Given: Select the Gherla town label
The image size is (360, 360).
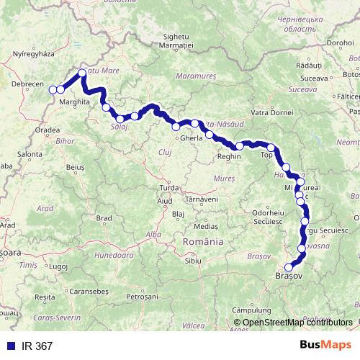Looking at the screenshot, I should [192, 138].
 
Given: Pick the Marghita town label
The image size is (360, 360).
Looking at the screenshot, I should [75, 102].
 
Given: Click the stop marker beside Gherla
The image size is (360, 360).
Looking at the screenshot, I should [176, 127].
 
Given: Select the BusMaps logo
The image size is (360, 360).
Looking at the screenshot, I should [325, 345].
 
